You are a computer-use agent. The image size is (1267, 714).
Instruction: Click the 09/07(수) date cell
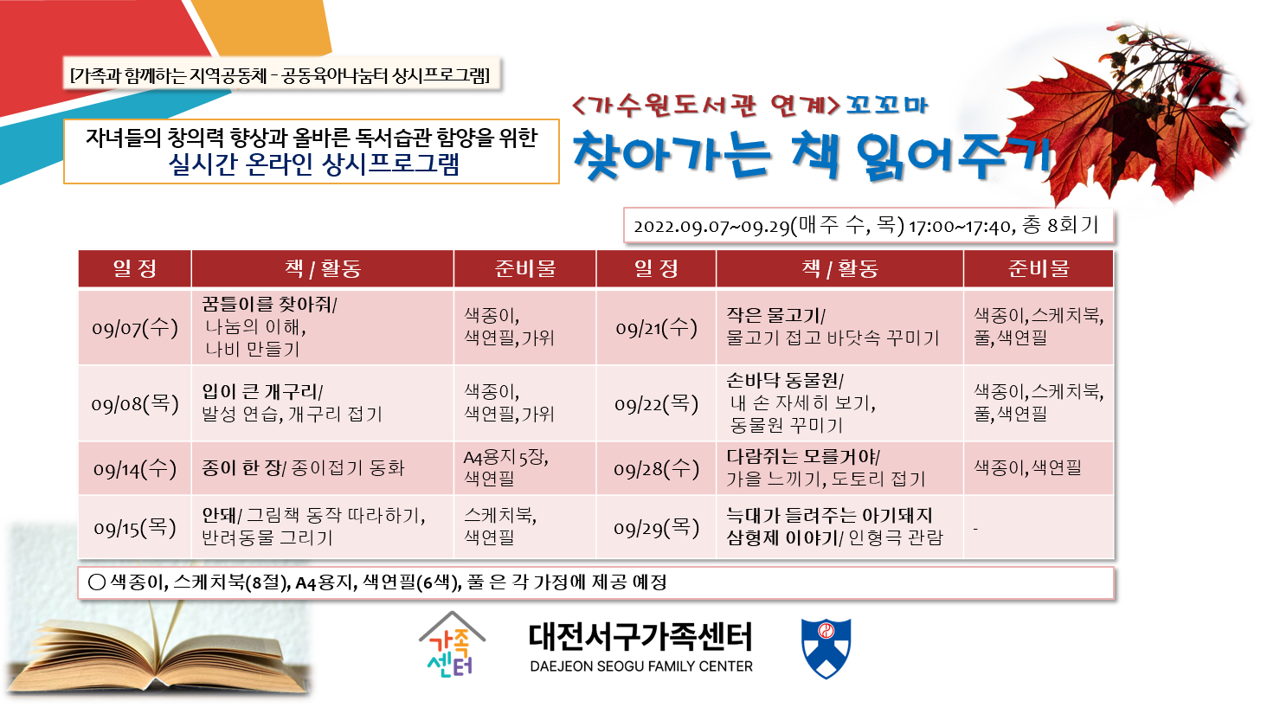point(135,328)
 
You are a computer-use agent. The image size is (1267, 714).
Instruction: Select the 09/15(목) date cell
point(135,528)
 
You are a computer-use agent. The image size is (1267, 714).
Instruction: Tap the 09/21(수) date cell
point(656,328)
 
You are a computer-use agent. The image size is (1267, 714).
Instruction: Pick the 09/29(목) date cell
point(656,528)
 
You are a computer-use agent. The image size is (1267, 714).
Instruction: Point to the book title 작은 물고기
point(774,315)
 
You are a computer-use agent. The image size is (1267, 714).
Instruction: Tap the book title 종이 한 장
point(241,468)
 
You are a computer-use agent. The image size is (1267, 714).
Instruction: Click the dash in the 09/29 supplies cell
point(975,529)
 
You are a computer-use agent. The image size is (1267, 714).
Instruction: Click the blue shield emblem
point(826,648)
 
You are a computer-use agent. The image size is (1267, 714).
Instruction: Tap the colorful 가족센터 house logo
point(452,645)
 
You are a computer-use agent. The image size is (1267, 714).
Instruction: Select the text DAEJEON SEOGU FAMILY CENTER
point(641,666)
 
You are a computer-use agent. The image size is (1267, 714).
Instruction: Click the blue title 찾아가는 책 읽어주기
point(812,156)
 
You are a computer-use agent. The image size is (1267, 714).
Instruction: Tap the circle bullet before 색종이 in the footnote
point(97,582)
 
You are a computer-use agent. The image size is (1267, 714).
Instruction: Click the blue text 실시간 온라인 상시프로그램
point(313,164)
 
